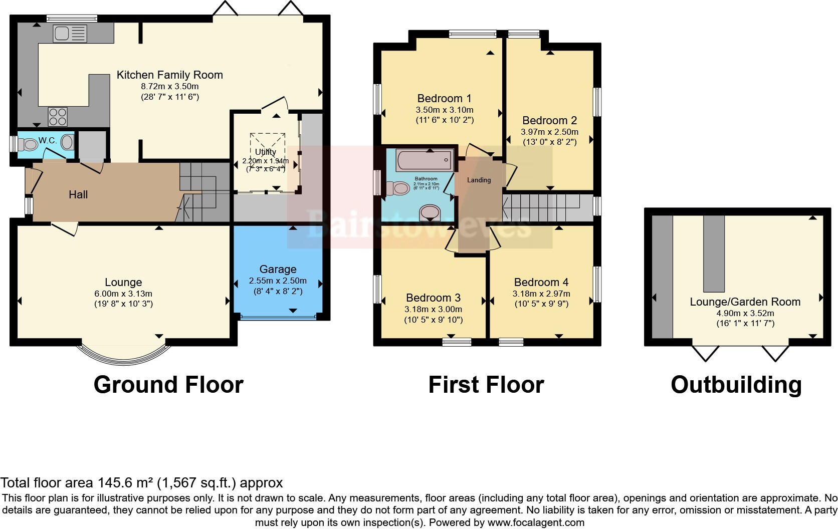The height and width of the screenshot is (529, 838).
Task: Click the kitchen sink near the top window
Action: (x=70, y=34)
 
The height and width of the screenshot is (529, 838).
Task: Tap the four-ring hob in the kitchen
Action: (x=58, y=117)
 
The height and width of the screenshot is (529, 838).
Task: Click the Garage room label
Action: (x=278, y=270)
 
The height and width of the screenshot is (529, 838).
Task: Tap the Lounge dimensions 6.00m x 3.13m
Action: (x=123, y=294)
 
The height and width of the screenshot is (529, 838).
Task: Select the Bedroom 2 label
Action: (x=549, y=120)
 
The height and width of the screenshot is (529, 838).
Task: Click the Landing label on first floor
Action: (x=479, y=180)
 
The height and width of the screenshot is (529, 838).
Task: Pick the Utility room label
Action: (x=265, y=152)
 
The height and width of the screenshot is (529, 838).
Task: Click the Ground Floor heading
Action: (x=168, y=385)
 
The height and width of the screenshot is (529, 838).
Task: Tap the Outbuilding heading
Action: (x=736, y=385)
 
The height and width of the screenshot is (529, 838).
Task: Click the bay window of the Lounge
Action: (x=123, y=356)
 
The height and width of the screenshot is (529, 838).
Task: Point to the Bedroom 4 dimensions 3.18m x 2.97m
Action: (x=541, y=294)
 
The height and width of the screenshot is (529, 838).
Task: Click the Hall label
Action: (x=78, y=194)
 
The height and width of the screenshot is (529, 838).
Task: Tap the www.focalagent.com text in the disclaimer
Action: (x=535, y=522)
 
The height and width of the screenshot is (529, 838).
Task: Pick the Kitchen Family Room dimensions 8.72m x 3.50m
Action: (x=169, y=86)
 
